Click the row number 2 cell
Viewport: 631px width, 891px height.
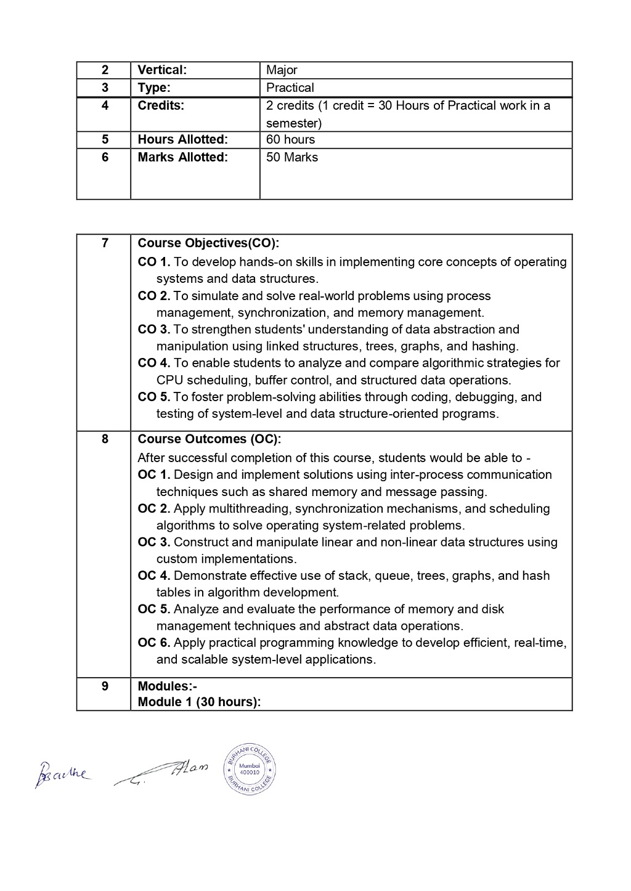(104, 70)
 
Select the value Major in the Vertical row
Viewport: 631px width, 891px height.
(282, 70)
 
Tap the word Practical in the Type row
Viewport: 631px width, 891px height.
(290, 87)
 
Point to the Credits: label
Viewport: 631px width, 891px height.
(161, 105)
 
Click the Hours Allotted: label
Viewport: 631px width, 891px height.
(182, 140)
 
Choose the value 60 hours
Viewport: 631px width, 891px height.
(290, 140)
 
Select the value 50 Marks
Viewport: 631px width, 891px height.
(292, 157)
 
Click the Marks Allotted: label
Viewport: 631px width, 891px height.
(182, 157)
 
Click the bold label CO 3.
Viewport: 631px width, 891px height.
(153, 330)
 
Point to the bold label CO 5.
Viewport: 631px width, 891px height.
(153, 397)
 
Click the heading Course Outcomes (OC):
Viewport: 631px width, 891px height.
(209, 439)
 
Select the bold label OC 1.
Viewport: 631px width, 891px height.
(153, 474)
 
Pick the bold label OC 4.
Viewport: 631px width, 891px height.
(153, 576)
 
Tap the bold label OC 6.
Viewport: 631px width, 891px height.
(153, 643)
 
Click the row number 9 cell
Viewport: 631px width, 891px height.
(104, 686)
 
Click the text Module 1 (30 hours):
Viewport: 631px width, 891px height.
(199, 702)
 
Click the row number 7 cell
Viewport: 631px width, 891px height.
(104, 243)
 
